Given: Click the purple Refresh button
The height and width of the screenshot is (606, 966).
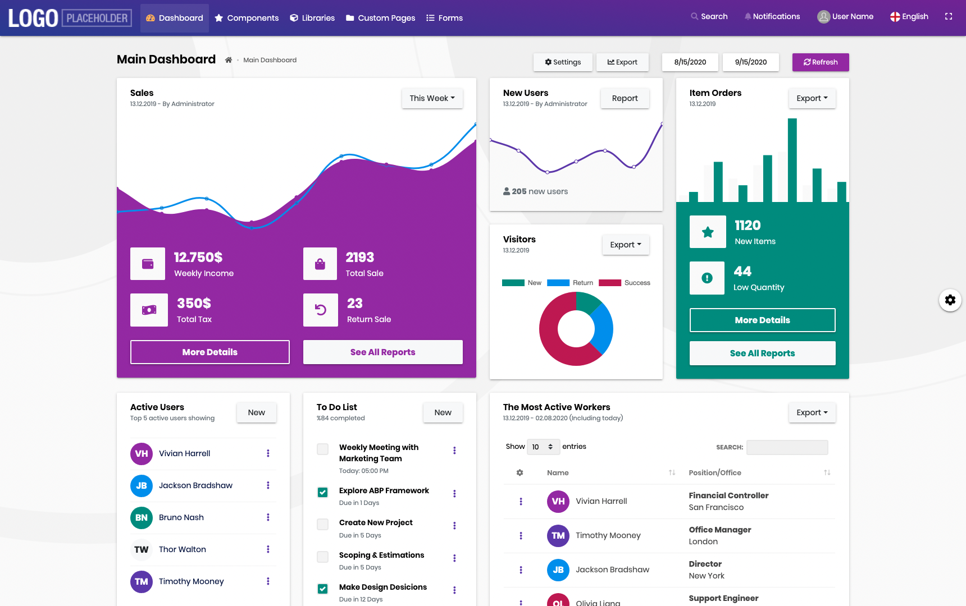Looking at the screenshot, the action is [821, 62].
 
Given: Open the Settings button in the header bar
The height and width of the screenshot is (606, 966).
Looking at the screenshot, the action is [563, 62].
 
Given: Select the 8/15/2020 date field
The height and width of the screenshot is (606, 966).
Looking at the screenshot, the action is [690, 62].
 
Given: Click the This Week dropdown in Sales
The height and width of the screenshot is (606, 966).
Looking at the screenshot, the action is [432, 98].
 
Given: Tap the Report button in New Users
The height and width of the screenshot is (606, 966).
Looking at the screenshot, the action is [625, 98].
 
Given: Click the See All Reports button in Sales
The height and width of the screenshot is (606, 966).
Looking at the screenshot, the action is [383, 352].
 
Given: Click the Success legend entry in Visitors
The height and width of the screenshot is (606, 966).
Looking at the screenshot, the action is [625, 283].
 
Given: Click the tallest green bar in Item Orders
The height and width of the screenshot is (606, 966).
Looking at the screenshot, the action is [792, 160].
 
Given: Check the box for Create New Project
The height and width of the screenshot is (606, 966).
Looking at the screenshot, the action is [323, 524].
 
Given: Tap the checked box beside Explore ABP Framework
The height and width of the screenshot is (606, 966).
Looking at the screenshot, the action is [323, 492].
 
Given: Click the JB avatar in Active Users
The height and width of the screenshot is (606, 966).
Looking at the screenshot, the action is [142, 485].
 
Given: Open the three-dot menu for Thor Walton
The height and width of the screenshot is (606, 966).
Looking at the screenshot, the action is [268, 549].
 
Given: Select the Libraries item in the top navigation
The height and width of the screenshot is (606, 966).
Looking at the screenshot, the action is [312, 18].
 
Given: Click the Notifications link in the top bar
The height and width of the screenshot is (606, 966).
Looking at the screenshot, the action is [772, 17].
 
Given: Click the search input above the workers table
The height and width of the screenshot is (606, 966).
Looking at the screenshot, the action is [787, 447].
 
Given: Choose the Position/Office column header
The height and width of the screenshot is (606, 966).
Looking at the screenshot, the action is [715, 473].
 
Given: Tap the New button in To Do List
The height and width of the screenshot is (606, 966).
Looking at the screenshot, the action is [443, 412].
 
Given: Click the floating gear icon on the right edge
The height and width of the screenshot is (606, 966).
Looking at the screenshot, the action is [950, 300].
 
